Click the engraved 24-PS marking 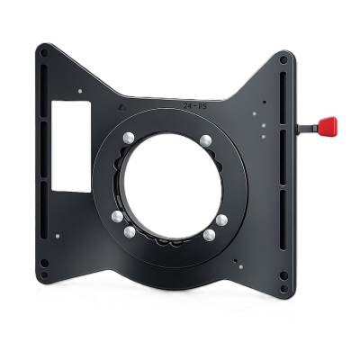click(x=190, y=105)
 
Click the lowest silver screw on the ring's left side click(x=130, y=231)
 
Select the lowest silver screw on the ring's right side click(x=210, y=234)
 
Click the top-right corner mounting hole click(x=285, y=61)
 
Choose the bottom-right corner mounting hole click(x=284, y=276)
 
